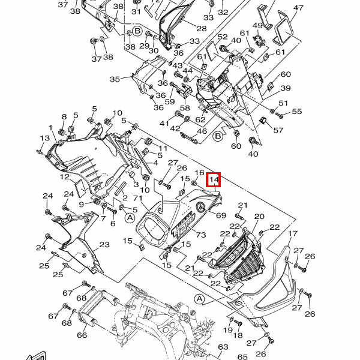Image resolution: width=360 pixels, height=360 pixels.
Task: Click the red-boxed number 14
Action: click(x=214, y=179)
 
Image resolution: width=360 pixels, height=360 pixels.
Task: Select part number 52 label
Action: click(x=223, y=36)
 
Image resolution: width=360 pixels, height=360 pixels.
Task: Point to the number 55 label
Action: click(x=297, y=112)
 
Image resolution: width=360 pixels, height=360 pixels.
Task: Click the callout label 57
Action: click(x=278, y=130)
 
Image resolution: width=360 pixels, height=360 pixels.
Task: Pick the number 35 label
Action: click(x=115, y=78)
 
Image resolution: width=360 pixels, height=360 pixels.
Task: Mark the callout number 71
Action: click(x=136, y=199)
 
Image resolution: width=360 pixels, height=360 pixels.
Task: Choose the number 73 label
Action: click(x=200, y=234)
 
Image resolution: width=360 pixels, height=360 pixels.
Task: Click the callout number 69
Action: click(x=220, y=215)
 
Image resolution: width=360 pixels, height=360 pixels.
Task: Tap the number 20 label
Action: click(x=259, y=217)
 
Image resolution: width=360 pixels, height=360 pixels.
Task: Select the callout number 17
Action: click(x=293, y=233)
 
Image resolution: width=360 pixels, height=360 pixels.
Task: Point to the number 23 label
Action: click(x=104, y=245)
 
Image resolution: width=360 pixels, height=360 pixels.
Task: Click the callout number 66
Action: click(x=82, y=335)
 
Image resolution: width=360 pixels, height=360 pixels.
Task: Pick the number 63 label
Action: click(x=223, y=347)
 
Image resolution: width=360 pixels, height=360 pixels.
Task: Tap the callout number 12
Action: click(x=64, y=177)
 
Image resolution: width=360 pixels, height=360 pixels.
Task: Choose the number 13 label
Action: click(x=43, y=139)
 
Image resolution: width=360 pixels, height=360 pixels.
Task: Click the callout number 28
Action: click(x=201, y=28)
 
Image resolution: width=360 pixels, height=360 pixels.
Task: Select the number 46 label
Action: click(x=202, y=131)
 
